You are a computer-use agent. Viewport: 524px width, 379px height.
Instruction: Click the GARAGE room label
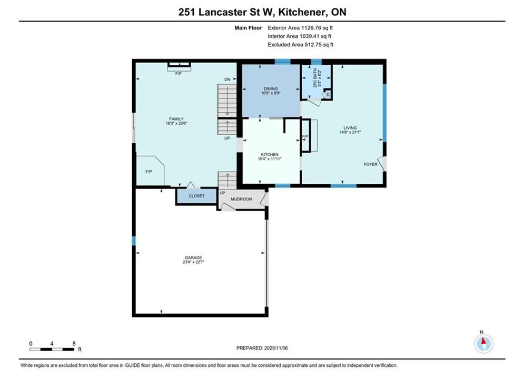tap(193, 257)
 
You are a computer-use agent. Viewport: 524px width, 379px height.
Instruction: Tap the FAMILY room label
tap(176, 119)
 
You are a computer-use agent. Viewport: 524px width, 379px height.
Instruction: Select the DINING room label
tap(271, 88)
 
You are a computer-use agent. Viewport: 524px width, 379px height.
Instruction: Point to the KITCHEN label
tap(270, 155)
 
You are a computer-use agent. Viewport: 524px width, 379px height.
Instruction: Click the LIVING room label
tap(350, 128)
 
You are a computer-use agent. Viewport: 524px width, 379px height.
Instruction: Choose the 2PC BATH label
tap(315, 78)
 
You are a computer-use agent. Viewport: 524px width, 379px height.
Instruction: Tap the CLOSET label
tap(196, 196)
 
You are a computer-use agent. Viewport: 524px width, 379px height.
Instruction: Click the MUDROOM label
tap(241, 199)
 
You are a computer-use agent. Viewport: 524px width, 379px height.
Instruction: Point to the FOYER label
tap(371, 164)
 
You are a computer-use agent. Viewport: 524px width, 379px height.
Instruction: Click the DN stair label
tap(228, 79)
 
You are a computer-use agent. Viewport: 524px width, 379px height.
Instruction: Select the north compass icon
tap(483, 343)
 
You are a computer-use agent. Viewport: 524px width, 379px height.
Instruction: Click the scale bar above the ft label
tap(52, 350)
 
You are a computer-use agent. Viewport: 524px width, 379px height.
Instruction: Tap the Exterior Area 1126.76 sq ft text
tap(300, 28)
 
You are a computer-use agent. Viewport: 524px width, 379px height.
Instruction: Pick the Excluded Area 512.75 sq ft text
tap(300, 44)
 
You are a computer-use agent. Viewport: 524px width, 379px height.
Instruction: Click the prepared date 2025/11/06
tap(276, 348)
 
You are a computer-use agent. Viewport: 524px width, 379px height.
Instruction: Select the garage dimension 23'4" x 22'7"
tap(193, 262)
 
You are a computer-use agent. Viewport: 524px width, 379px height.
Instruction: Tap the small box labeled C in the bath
tap(328, 95)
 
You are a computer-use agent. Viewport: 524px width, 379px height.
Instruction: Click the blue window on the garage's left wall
tap(134, 241)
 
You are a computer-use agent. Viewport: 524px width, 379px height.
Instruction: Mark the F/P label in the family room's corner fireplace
tap(149, 172)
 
